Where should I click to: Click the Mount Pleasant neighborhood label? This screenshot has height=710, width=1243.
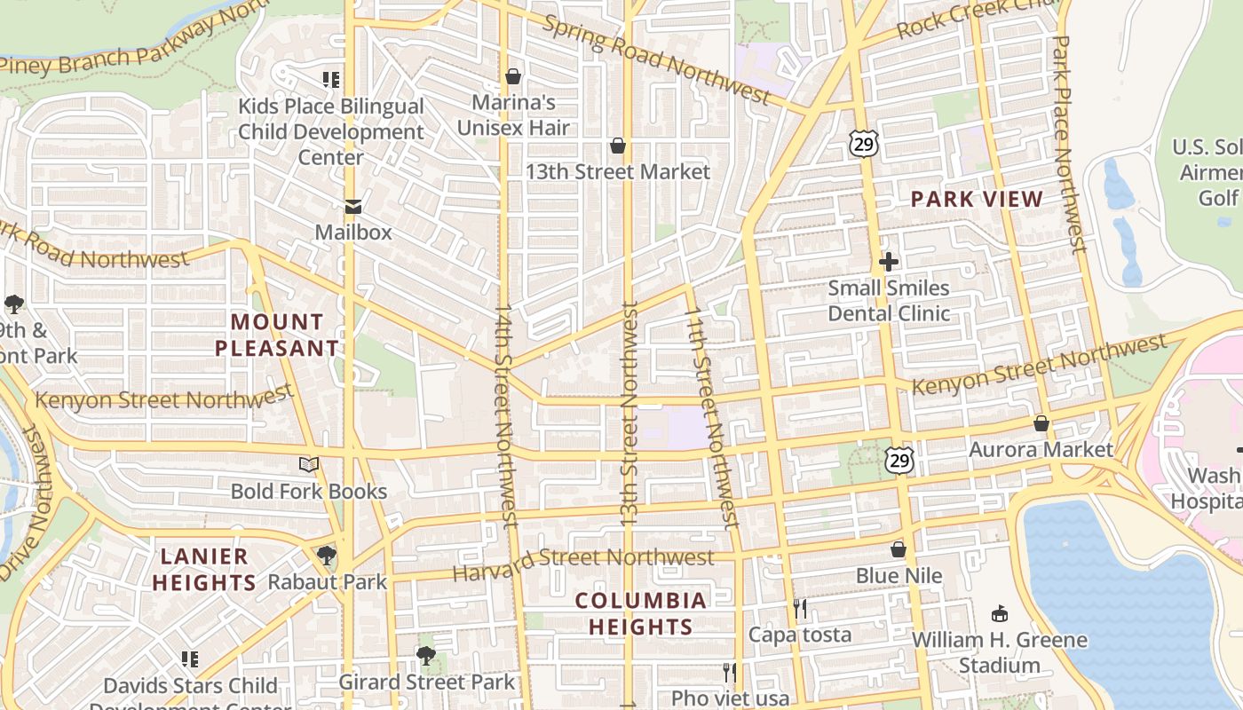tap(277, 335)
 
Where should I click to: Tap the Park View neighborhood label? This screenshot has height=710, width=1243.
tap(977, 199)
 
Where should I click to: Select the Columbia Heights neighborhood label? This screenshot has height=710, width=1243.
tap(640, 613)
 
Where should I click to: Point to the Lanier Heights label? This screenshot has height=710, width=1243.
tap(204, 569)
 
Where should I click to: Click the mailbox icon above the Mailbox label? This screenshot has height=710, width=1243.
tap(352, 208)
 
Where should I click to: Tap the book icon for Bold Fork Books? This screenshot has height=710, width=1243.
tap(309, 464)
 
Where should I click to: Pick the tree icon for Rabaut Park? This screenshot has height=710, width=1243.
tap(327, 556)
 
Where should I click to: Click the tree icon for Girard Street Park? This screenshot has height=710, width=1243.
tap(426, 656)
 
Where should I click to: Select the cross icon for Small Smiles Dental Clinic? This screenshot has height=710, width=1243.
tap(889, 262)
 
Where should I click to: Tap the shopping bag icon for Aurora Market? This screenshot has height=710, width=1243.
tap(1041, 423)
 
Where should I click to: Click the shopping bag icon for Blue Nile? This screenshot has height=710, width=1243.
tap(899, 549)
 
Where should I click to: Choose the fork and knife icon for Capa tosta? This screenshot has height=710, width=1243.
tap(800, 608)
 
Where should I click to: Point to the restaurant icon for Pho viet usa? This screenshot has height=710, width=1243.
tap(730, 672)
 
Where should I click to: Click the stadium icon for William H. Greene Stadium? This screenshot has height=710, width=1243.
tap(1000, 613)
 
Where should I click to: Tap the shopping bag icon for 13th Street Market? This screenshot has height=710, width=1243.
tap(618, 146)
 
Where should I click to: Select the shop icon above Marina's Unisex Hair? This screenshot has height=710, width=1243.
tap(513, 76)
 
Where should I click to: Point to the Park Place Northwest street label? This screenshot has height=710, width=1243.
tap(1067, 142)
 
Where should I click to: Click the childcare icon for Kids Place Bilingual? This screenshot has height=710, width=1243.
tap(331, 80)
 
